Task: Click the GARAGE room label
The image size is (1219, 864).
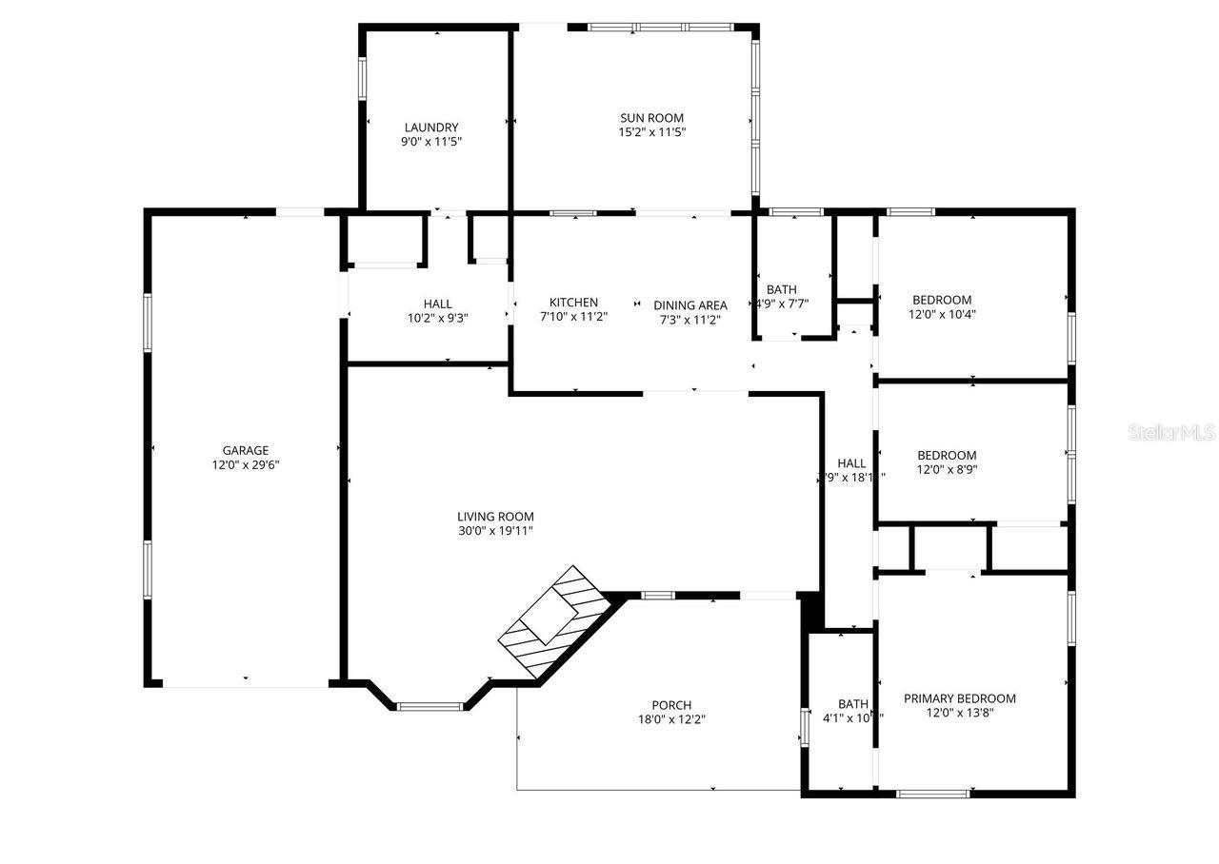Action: coord(246,450)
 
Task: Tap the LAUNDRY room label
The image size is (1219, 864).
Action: coord(431,128)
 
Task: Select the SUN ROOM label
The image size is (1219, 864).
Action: coord(652,118)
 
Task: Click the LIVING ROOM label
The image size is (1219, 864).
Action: coord(495,517)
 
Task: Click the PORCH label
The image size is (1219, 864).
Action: coord(671,705)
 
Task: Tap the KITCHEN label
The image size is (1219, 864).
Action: coord(573,303)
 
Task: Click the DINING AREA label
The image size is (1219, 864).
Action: coord(690,305)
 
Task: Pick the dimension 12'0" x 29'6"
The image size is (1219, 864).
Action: coord(246,465)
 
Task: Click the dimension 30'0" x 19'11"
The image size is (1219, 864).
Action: coord(495,531)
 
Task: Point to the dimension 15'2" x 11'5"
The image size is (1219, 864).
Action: coord(652,132)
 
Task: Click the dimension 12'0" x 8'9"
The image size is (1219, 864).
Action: coord(947,469)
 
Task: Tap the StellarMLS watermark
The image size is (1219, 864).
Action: coord(1171,433)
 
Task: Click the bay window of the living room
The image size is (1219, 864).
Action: coord(430,706)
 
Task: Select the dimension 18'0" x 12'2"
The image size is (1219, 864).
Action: coord(671,719)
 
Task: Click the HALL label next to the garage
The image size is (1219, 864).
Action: coord(438,304)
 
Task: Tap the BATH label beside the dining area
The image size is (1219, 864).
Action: coord(782,289)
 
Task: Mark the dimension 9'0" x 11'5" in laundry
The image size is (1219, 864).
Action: coord(431,142)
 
